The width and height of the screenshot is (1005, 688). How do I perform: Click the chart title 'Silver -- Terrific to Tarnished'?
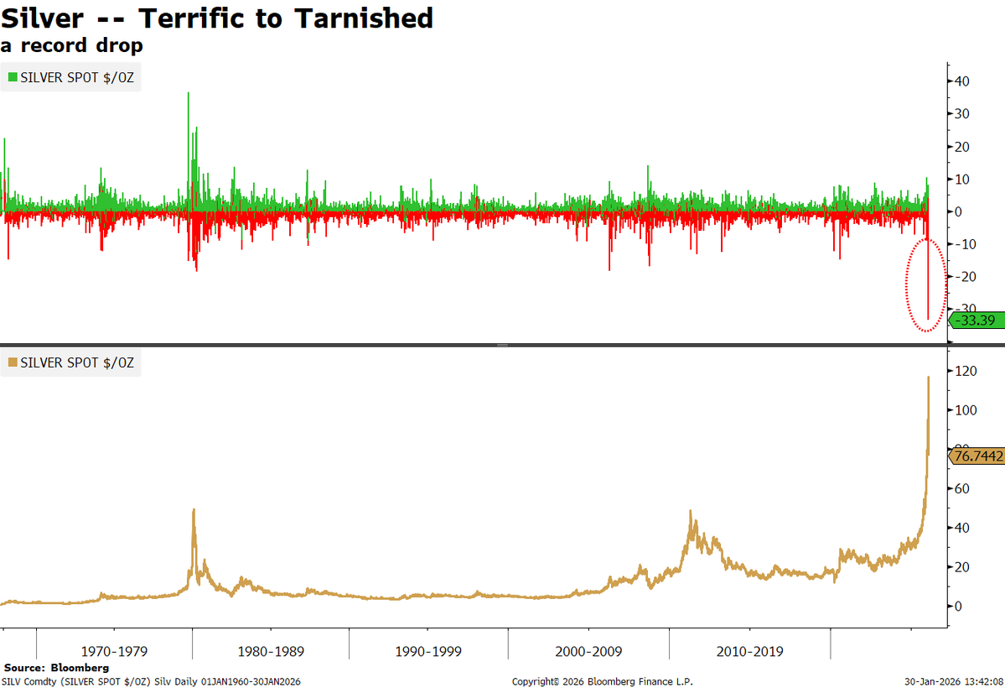pos(217,18)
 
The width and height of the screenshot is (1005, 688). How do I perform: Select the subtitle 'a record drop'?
pos(71,45)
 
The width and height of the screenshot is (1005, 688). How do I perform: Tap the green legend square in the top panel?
pos(13,77)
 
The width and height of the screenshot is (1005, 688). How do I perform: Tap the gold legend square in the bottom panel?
pos(13,363)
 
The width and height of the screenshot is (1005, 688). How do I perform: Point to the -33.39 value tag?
pos(976,321)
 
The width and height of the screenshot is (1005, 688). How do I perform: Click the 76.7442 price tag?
pos(977,456)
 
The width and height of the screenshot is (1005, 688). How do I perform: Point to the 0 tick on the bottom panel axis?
pos(957,606)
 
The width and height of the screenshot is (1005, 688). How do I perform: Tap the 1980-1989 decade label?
pos(271,651)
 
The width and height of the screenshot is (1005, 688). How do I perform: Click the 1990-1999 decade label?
pos(428,651)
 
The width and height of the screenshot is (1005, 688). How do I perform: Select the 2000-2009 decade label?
pos(589,651)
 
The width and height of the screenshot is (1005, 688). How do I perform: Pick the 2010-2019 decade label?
pos(749,651)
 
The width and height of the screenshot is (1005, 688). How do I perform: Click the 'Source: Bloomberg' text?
pos(56,668)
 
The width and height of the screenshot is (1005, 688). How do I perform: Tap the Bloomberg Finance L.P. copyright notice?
pos(602,681)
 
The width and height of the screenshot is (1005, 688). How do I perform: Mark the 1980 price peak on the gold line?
pos(194,509)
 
